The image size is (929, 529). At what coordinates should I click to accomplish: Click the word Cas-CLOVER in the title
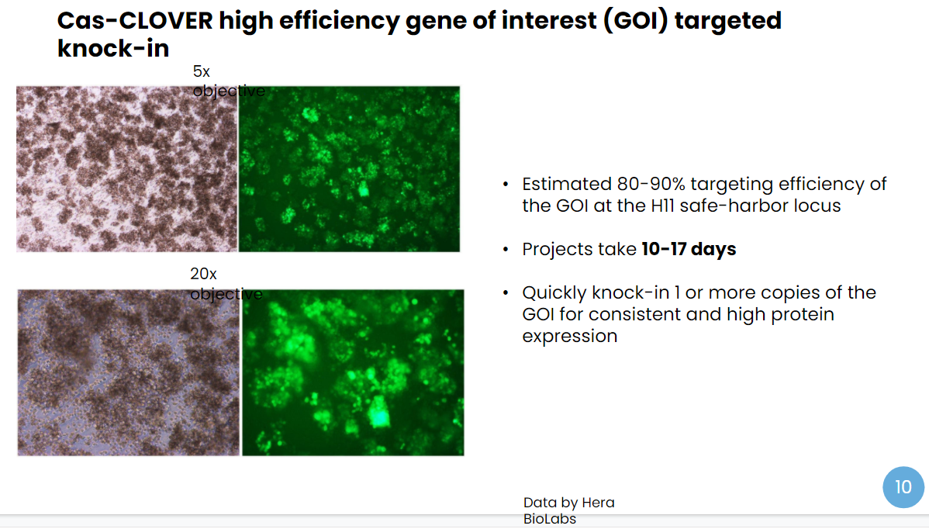click(x=134, y=21)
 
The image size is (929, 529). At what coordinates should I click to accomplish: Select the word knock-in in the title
click(x=113, y=49)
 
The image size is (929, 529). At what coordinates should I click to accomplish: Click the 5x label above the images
click(x=202, y=71)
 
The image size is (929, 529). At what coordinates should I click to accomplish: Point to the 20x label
click(x=203, y=275)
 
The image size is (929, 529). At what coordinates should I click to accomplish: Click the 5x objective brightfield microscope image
click(x=127, y=169)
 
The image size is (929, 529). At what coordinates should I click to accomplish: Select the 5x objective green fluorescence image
click(x=349, y=169)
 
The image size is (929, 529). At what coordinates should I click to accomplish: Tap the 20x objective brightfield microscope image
click(x=129, y=372)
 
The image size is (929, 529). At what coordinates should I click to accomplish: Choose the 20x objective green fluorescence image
click(x=353, y=372)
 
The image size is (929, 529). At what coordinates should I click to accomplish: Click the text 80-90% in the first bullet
click(x=651, y=185)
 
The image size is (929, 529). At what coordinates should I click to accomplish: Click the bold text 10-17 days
click(x=689, y=250)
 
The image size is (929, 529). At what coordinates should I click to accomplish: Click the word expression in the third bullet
click(x=570, y=337)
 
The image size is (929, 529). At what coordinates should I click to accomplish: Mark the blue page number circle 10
click(x=903, y=487)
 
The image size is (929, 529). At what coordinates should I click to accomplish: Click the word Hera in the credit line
click(x=599, y=503)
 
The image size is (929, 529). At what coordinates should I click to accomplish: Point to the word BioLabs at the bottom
click(x=550, y=519)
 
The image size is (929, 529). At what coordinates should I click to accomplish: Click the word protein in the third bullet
click(x=802, y=315)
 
